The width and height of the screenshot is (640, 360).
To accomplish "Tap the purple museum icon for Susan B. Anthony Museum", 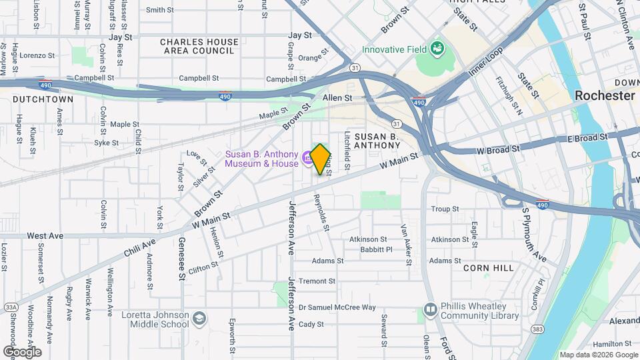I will (308, 158).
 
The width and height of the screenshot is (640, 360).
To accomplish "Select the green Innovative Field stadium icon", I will (437, 49).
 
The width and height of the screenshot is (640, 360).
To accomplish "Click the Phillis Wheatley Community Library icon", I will (430, 311).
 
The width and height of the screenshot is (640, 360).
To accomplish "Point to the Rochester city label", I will (605, 95).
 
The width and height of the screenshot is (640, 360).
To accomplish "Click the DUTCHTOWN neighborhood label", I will (43, 99).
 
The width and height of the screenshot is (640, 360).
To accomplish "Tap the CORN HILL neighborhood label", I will (489, 267).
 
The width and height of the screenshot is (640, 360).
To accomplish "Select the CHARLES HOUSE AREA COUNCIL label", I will (199, 46).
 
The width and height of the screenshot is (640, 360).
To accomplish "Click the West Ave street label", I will (45, 236).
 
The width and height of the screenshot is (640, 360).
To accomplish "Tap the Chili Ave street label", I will (139, 247).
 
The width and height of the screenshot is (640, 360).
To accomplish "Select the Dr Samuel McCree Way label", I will (337, 307).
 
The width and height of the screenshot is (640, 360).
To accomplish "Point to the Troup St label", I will (445, 209).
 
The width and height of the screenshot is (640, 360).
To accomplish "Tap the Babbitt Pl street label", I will (375, 250).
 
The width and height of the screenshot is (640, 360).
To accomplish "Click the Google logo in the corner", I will (22, 352).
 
